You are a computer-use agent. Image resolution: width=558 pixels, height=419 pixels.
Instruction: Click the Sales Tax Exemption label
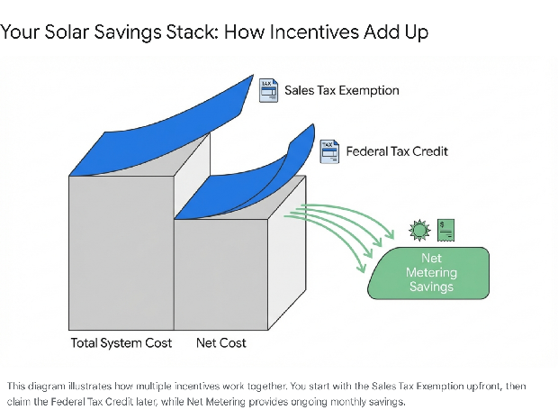click(x=341, y=90)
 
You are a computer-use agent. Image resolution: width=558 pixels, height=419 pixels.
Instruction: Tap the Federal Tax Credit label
click(x=397, y=150)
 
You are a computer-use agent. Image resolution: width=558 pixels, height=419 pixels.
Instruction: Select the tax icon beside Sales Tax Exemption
click(x=268, y=90)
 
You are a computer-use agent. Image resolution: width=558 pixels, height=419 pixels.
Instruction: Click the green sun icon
click(x=418, y=231)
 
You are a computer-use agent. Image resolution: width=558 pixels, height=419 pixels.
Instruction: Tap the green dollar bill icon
click(x=445, y=230)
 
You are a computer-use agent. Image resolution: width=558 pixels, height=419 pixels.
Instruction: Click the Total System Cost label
click(x=121, y=343)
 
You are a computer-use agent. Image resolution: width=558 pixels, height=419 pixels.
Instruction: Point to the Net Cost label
click(x=221, y=343)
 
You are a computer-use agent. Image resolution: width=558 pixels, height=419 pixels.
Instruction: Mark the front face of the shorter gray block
click(x=220, y=275)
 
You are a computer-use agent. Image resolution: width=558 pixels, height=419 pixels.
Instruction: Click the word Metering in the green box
click(x=432, y=273)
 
